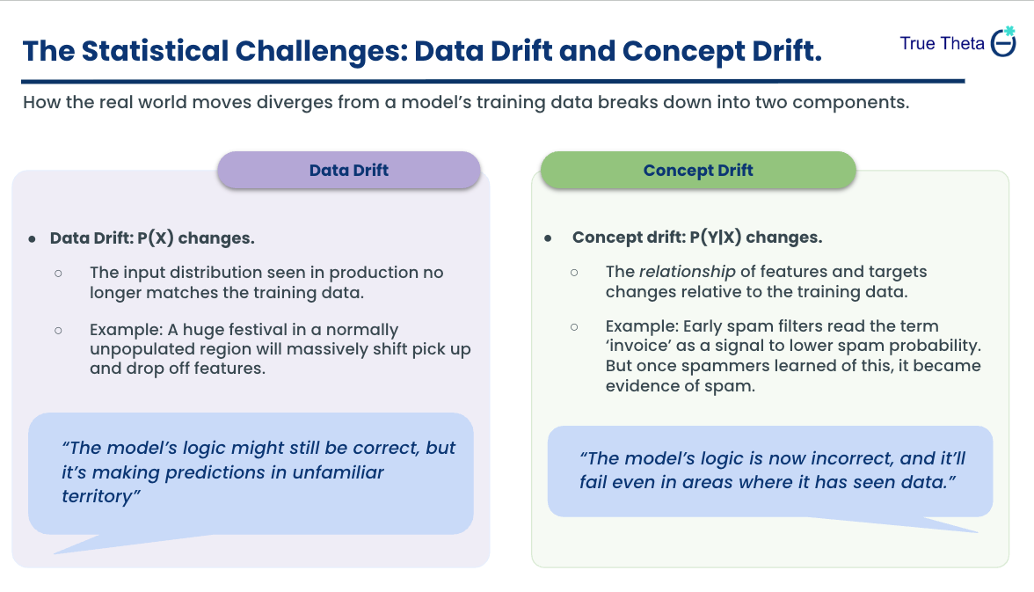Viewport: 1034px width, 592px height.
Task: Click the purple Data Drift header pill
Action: tap(349, 170)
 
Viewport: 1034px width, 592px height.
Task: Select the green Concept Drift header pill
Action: tap(698, 170)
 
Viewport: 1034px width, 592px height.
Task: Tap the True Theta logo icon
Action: tap(1003, 42)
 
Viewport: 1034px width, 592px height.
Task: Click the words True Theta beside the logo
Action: tap(942, 43)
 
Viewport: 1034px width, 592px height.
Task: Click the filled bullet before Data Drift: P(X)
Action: tap(33, 238)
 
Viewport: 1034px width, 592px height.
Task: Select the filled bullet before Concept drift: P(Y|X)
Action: tap(549, 238)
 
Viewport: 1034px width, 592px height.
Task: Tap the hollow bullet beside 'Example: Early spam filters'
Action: tap(574, 326)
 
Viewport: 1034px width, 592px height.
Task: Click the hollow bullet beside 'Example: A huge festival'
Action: tap(58, 331)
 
